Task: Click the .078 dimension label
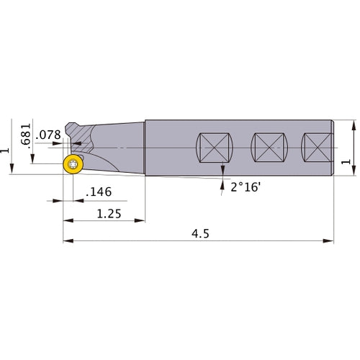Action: (49, 135)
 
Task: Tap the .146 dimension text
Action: (98, 192)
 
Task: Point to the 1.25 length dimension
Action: (107, 213)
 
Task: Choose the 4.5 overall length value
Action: (198, 234)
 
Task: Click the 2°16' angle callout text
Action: (246, 186)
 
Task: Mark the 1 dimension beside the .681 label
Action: (7, 152)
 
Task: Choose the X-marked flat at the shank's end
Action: (317, 148)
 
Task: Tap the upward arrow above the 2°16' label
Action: (223, 171)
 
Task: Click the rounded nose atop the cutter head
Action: (73, 128)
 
